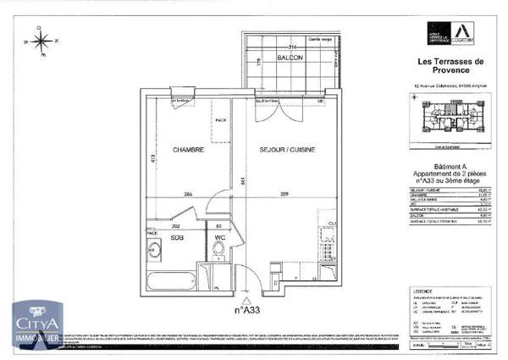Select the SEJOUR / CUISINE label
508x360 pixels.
[288, 150]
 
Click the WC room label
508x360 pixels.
[218, 237]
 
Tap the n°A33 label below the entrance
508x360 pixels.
[246, 310]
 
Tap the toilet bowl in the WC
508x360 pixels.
[218, 250]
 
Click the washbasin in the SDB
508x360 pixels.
[155, 249]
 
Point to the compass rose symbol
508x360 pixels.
[41, 39]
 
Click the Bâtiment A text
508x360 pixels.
[450, 167]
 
